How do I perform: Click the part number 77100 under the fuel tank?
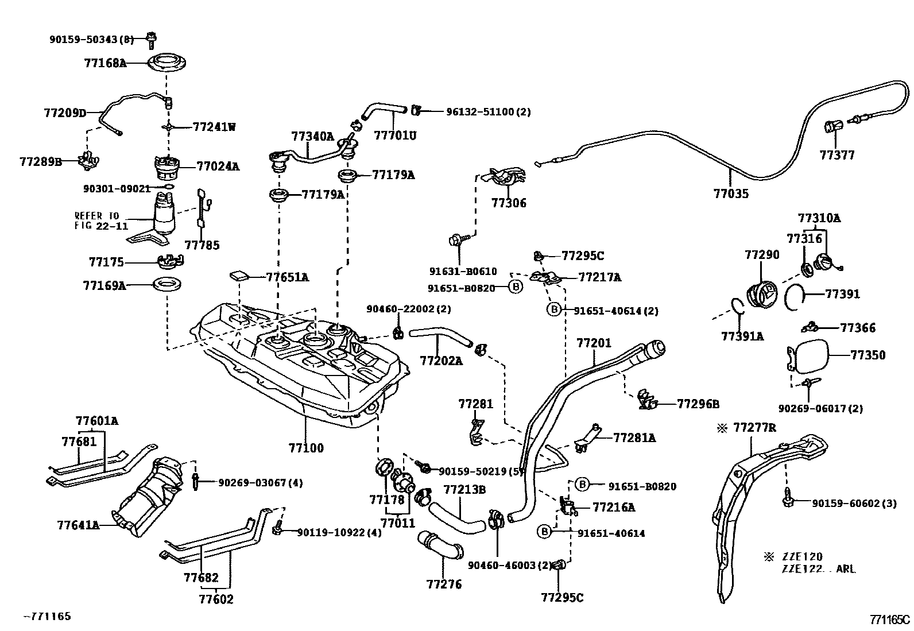point(307,448)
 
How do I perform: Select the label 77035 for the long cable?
point(731,193)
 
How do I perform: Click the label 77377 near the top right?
point(836,155)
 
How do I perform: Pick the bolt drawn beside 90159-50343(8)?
point(152,39)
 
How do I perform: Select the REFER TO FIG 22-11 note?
point(101,220)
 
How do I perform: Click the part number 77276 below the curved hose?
point(444,584)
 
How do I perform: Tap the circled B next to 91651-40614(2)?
point(553,310)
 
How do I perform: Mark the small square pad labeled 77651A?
point(240,275)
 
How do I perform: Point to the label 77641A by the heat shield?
point(79,525)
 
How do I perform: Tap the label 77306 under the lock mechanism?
point(508,203)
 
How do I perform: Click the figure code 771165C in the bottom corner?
point(889,619)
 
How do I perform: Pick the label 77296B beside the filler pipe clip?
point(698,404)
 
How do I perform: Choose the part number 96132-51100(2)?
point(488,112)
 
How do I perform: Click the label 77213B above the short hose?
point(464,489)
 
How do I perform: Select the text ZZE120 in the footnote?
point(801,556)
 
